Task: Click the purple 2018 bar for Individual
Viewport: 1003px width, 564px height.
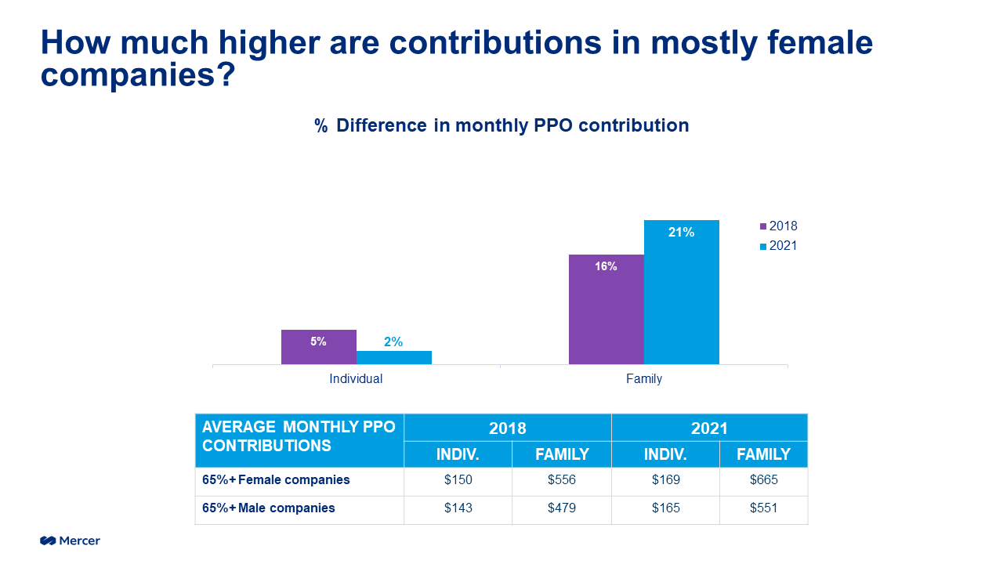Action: tap(318, 347)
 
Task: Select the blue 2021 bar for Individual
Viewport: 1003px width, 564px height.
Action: tap(393, 358)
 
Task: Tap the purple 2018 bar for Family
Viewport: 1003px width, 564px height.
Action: tap(606, 309)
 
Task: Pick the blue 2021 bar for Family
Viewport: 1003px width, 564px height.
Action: tap(681, 292)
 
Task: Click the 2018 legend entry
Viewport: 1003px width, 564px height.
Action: tap(778, 226)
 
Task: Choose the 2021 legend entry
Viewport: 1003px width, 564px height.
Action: tap(778, 246)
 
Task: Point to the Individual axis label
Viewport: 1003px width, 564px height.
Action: tap(356, 379)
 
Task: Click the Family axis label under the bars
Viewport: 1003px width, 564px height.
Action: tap(643, 379)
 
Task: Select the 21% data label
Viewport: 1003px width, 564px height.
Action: tap(681, 232)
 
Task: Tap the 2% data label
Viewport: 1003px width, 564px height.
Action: tap(393, 342)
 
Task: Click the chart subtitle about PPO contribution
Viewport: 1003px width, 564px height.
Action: tap(501, 125)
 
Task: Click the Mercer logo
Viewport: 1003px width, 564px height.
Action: tap(71, 540)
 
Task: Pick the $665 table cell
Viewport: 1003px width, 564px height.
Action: tap(763, 480)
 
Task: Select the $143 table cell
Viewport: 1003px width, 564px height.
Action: tap(458, 508)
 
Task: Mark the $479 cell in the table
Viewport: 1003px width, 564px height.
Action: tap(562, 508)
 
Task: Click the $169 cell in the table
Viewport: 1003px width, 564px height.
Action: tap(666, 480)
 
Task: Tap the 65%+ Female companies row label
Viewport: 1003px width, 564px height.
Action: tap(276, 480)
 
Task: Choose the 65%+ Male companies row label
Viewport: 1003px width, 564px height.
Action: tap(269, 508)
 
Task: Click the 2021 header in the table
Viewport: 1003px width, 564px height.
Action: tap(709, 428)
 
